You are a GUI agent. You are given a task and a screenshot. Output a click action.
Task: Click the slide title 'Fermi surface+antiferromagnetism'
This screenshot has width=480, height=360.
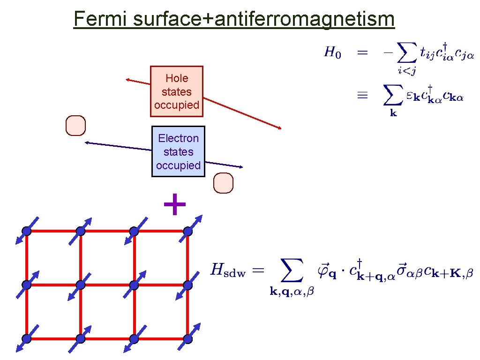click(x=234, y=19)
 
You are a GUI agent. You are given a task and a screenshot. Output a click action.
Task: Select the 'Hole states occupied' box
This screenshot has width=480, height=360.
click(x=176, y=91)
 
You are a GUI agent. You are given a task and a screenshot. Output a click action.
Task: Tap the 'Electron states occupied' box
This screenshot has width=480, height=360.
click(x=178, y=151)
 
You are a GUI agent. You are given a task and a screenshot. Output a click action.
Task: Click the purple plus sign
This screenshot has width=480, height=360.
click(x=174, y=205)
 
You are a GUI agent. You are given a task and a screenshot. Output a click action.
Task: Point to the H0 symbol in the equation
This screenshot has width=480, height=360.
click(x=332, y=52)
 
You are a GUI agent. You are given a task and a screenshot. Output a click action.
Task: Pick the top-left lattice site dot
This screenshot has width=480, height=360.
click(x=27, y=231)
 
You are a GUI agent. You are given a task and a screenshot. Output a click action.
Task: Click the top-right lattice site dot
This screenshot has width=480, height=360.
click(x=188, y=231)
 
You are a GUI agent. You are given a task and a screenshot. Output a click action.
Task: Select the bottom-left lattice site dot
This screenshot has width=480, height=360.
click(x=27, y=338)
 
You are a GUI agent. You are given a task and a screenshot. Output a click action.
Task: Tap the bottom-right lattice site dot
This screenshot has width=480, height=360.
click(x=188, y=338)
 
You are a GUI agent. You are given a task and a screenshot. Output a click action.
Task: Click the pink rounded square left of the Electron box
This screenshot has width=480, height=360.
click(x=76, y=126)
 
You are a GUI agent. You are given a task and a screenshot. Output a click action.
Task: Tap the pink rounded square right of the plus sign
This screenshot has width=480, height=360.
click(x=223, y=183)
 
